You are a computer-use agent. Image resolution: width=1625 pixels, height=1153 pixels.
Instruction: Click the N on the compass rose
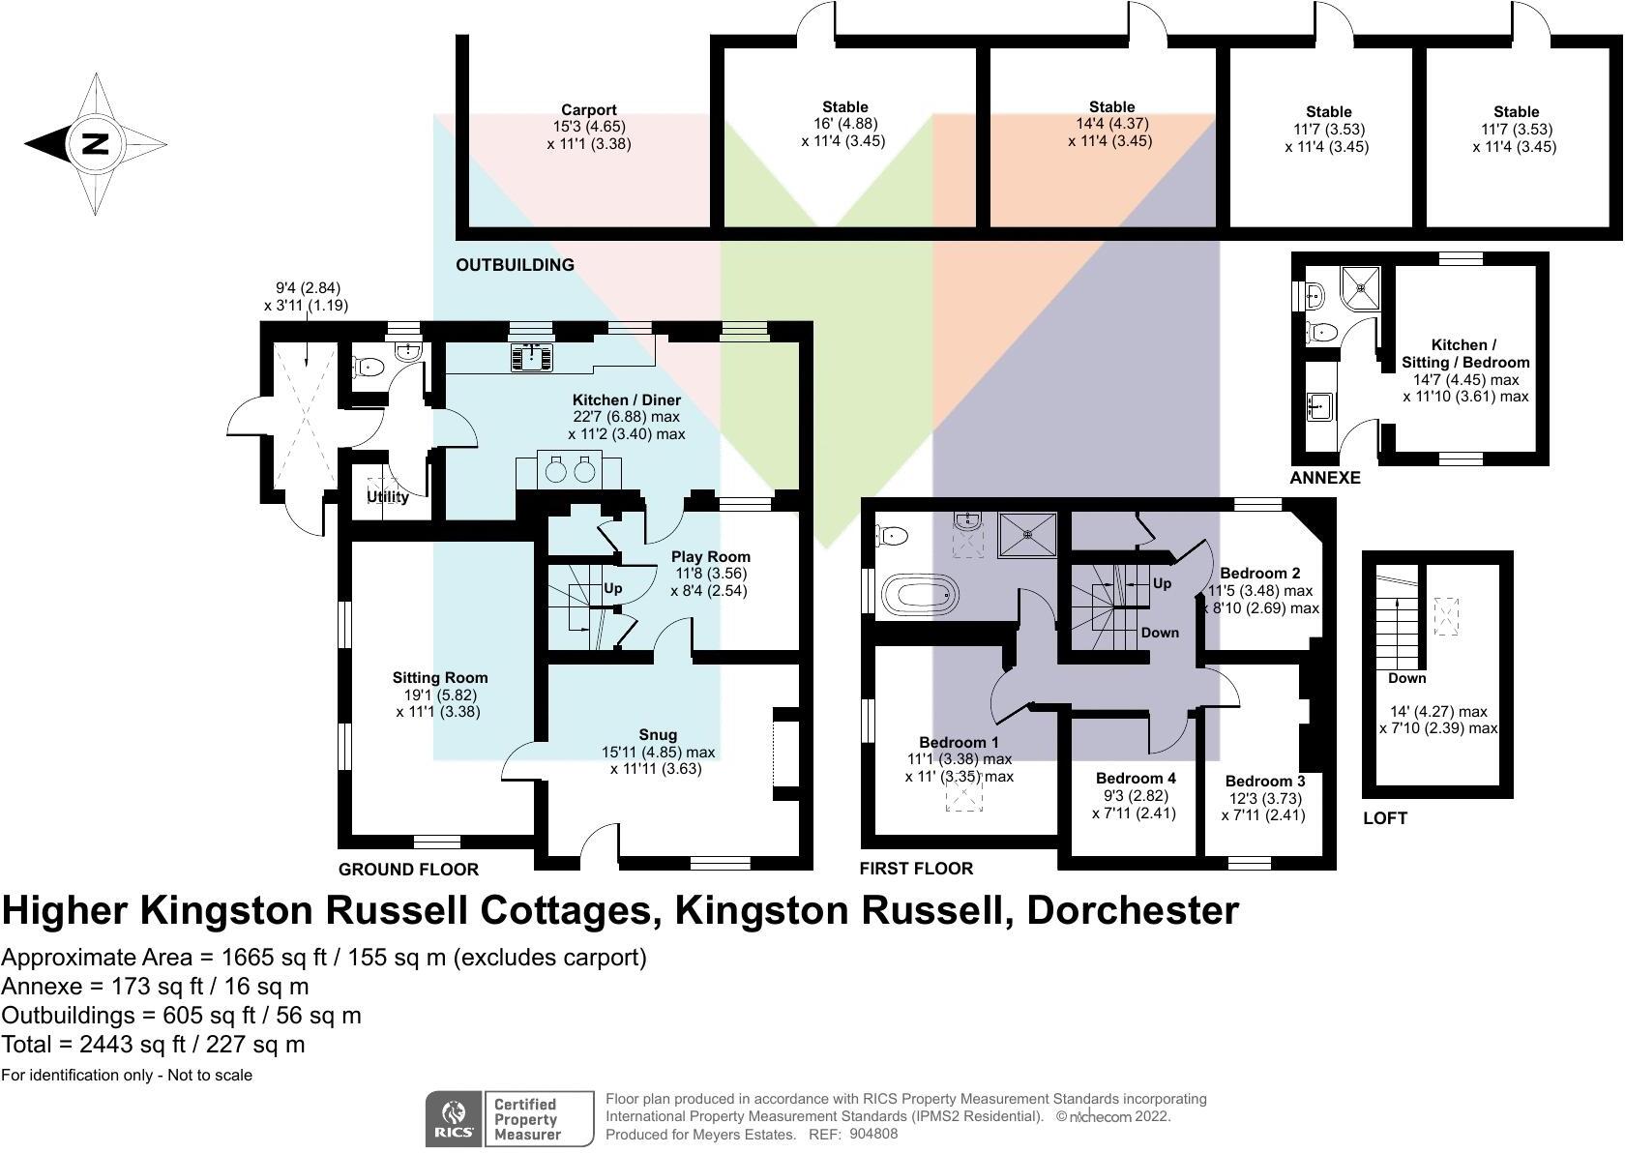point(95,144)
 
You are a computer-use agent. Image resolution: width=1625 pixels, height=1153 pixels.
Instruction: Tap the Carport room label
point(588,110)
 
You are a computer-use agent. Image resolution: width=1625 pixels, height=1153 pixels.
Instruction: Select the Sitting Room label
point(439,678)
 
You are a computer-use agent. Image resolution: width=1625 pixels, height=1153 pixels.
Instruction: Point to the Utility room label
point(387,497)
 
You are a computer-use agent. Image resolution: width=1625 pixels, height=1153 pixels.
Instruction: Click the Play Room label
point(710,557)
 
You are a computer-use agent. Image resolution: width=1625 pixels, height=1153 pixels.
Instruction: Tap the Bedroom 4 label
point(1135,779)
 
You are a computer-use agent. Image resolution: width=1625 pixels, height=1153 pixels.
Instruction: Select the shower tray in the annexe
point(1363,285)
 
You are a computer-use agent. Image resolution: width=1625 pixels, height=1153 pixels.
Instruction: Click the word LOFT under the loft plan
point(1384,818)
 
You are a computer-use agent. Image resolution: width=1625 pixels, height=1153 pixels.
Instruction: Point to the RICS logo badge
point(455,1119)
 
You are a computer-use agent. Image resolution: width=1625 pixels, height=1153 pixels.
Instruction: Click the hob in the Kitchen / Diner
point(532,357)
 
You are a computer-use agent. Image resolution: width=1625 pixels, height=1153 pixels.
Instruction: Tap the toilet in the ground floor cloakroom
point(369,367)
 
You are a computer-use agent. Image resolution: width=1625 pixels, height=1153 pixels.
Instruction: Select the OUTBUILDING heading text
point(515,265)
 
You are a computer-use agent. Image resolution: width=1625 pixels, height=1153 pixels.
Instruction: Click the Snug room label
point(658,735)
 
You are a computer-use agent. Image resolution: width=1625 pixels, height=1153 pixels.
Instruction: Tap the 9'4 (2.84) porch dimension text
point(308,288)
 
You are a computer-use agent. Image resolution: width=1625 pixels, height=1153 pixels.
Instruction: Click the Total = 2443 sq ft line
point(153,1045)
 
